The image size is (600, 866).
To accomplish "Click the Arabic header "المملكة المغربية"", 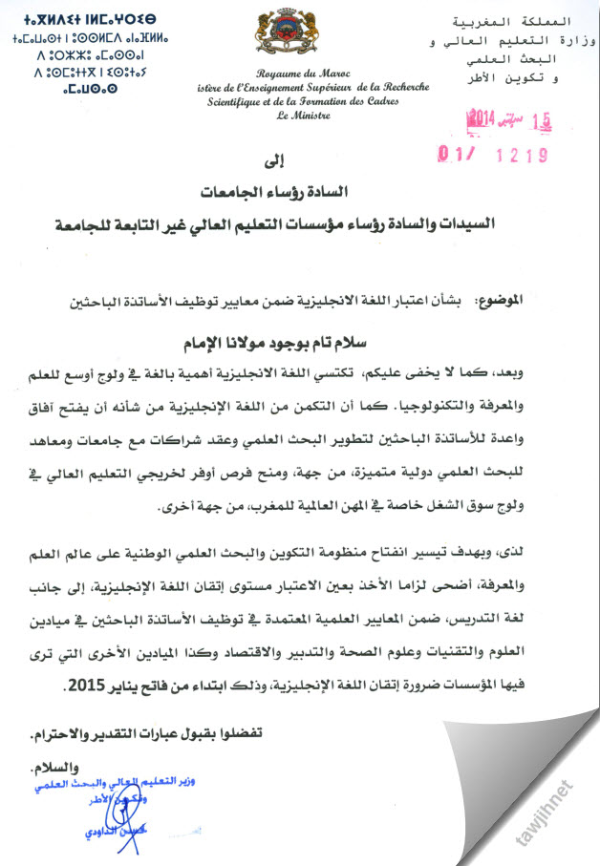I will click(x=539, y=20).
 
